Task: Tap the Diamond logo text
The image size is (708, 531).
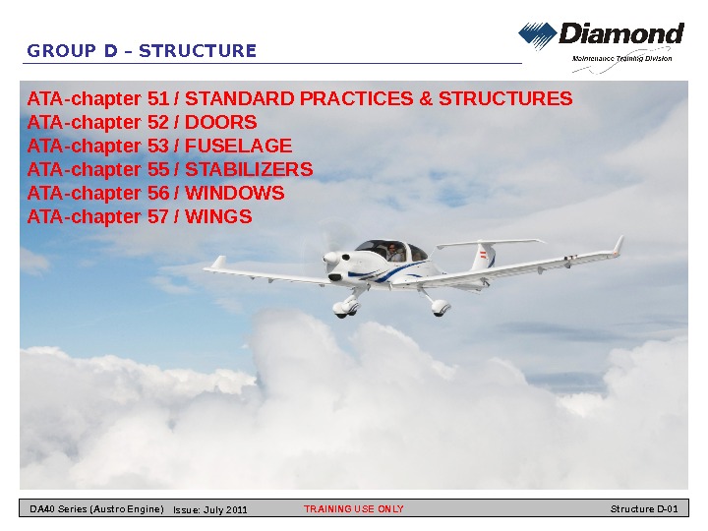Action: click(x=620, y=35)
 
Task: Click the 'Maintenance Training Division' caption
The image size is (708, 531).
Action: click(x=621, y=59)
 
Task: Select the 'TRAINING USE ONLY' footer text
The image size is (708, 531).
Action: click(x=353, y=509)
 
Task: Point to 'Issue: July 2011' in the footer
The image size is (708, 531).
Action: click(x=209, y=509)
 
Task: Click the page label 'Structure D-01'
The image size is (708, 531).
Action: click(x=644, y=509)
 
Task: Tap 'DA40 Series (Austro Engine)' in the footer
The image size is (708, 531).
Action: click(x=95, y=509)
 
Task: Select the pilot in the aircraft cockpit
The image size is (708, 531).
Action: click(x=392, y=252)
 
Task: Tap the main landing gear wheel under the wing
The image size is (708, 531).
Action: click(x=440, y=307)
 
